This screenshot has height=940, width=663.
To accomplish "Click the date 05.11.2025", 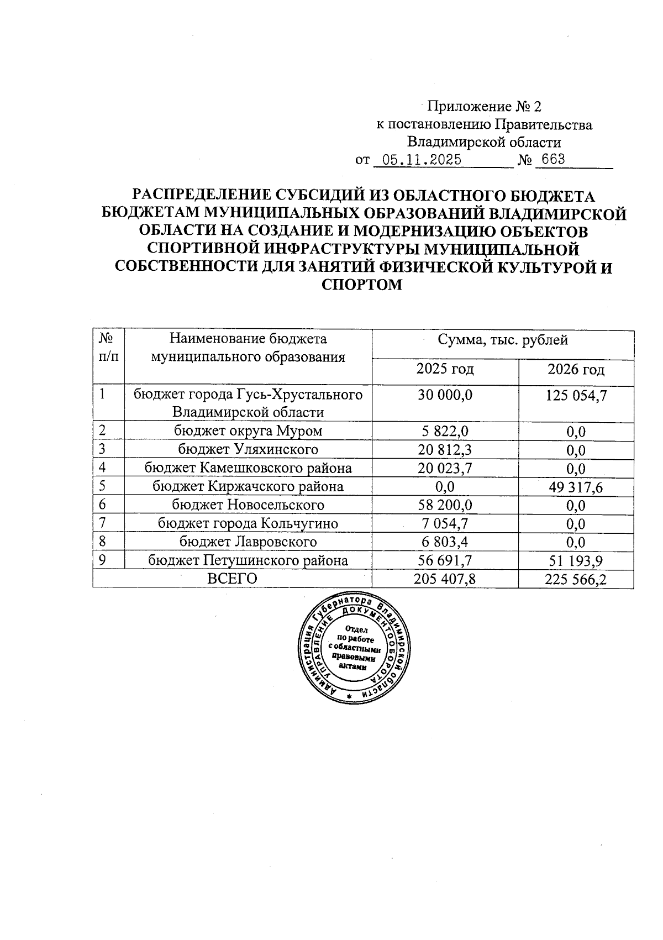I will pos(422,160).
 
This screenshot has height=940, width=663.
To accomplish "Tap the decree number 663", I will pos(553,160).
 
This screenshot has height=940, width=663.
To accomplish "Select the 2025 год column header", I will pos(445,369).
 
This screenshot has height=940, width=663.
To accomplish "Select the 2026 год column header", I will pos(576,369).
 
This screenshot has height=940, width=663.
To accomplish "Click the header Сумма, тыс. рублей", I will pos(502,340).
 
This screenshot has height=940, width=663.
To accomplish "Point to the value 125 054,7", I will pos(576,395).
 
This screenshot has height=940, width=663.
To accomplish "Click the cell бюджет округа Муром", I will pos(248,430).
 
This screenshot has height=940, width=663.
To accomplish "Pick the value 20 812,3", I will pos(445,449).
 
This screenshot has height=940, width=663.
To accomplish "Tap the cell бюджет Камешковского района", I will pos(248,468).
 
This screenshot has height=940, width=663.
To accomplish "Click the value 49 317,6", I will pos(576,487).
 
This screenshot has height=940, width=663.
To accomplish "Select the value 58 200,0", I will pos(445,505).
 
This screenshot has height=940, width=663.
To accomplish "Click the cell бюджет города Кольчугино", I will pos(248,523).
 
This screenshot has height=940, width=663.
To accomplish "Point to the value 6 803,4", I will pos(445,542).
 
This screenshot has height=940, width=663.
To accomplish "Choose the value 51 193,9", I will pos(576,561).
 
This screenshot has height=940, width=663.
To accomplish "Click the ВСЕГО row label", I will pos(232,579).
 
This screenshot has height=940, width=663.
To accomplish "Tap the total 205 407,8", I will pos(445,579).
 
